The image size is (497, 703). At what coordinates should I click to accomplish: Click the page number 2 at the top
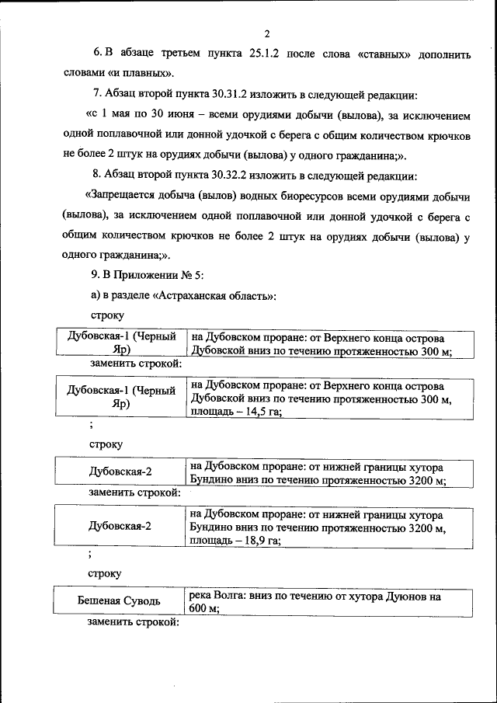(266, 33)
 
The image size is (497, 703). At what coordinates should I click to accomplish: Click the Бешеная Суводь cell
(120, 601)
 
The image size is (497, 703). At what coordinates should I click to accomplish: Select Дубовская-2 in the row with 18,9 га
(120, 525)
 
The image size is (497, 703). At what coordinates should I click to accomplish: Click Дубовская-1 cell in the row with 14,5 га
(120, 396)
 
